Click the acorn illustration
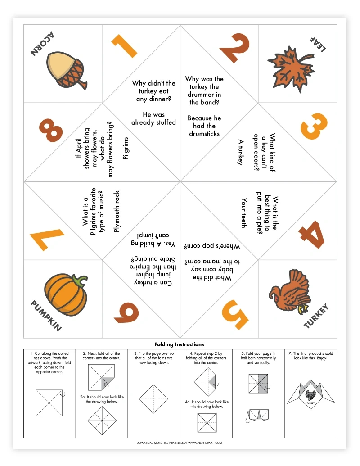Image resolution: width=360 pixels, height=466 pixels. pyautogui.click(x=66, y=71)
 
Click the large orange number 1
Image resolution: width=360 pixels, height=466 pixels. pyautogui.click(x=123, y=46)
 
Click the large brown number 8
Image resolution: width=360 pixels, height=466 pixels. pyautogui.click(x=50, y=127)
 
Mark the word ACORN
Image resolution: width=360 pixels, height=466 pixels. pyautogui.click(x=42, y=44)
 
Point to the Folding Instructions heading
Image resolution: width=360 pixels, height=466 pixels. pyautogui.click(x=179, y=344)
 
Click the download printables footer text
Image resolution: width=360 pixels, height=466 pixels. pyautogui.click(x=180, y=443)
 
